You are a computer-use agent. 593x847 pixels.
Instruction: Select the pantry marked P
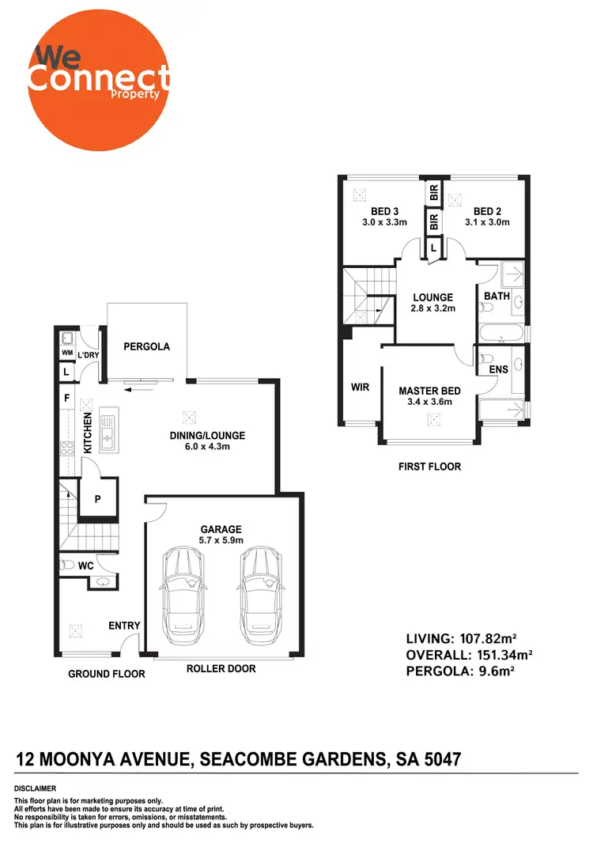point(99,498)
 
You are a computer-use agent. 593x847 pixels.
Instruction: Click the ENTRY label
point(124,626)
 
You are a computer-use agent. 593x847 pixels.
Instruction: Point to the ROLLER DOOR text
point(221,669)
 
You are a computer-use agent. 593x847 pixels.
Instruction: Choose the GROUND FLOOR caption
point(106,674)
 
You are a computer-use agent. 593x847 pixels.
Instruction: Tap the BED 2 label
point(488,211)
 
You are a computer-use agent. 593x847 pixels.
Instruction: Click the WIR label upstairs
point(360,388)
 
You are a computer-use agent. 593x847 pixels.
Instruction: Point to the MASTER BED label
point(429,391)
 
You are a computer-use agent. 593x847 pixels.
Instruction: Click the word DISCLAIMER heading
point(36,788)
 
